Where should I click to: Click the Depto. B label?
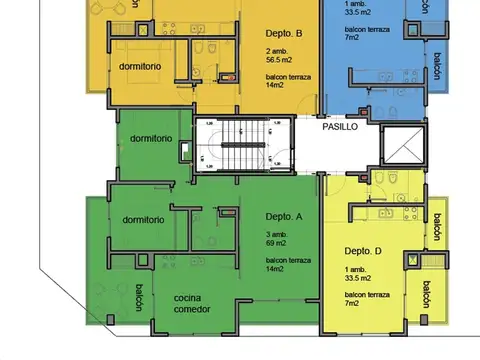pos(284,31)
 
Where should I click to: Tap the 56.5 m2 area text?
pos(282,59)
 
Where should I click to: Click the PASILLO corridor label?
pos(340,128)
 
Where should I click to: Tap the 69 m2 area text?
pos(278,243)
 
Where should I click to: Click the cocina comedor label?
pos(194,305)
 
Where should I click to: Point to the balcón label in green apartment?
pos(138,297)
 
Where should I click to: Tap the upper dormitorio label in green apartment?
pos(150,138)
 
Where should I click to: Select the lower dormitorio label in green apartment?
pos(142,220)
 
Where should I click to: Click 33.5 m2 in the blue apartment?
pos(360,13)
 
